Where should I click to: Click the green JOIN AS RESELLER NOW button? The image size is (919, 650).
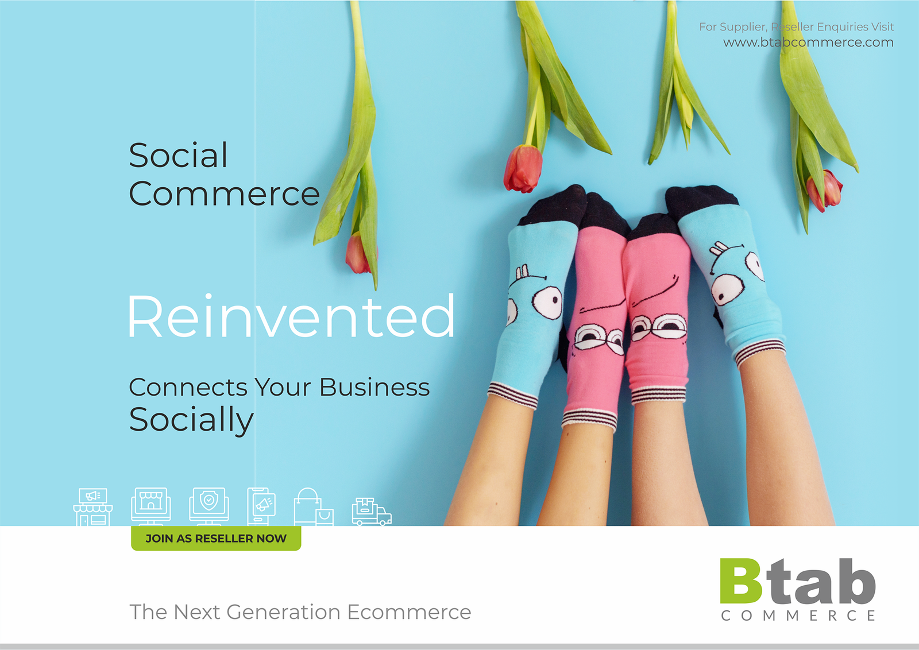click(216, 538)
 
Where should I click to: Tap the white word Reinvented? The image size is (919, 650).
click(291, 316)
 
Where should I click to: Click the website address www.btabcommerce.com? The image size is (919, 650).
click(808, 42)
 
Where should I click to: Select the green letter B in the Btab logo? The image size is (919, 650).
click(740, 581)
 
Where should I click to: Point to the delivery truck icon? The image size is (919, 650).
click(372, 512)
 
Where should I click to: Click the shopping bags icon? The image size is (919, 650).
click(314, 507)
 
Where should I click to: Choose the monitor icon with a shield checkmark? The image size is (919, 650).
click(209, 506)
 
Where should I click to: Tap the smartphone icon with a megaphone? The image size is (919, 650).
click(261, 506)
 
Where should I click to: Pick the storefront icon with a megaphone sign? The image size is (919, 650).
click(92, 507)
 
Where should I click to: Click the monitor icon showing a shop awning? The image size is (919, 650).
click(151, 506)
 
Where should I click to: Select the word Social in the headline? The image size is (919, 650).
click(178, 155)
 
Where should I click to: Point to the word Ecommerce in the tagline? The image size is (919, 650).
click(409, 612)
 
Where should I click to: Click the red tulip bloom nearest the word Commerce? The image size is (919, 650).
click(358, 253)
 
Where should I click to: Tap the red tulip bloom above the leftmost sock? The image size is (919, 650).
click(523, 168)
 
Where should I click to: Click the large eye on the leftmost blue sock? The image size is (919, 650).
click(547, 303)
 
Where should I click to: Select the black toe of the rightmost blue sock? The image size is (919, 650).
click(701, 201)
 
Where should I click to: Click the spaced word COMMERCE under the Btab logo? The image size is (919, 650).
click(798, 616)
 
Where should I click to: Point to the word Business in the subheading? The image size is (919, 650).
click(374, 387)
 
